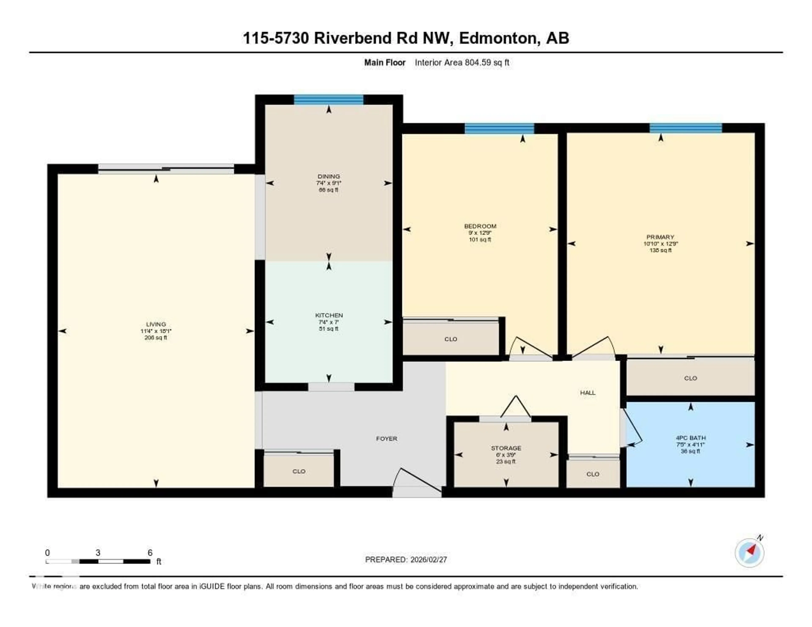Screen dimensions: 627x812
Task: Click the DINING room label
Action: pyautogui.click(x=329, y=176)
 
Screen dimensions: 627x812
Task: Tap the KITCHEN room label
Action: pyautogui.click(x=329, y=315)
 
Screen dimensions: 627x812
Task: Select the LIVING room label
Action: pyautogui.click(x=156, y=324)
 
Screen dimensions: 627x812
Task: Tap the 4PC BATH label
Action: pyautogui.click(x=690, y=438)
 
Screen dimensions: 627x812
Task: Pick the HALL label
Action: pyautogui.click(x=587, y=393)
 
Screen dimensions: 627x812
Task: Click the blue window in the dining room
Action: pyautogui.click(x=329, y=100)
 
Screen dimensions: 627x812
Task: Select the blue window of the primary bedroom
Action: pyautogui.click(x=686, y=128)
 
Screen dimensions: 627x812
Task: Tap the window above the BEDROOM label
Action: pyautogui.click(x=499, y=128)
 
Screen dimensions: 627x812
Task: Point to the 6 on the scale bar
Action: pyautogui.click(x=150, y=553)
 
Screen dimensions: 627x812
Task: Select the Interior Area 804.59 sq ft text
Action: pyautogui.click(x=462, y=62)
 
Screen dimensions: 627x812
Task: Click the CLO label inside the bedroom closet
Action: pyautogui.click(x=451, y=339)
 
